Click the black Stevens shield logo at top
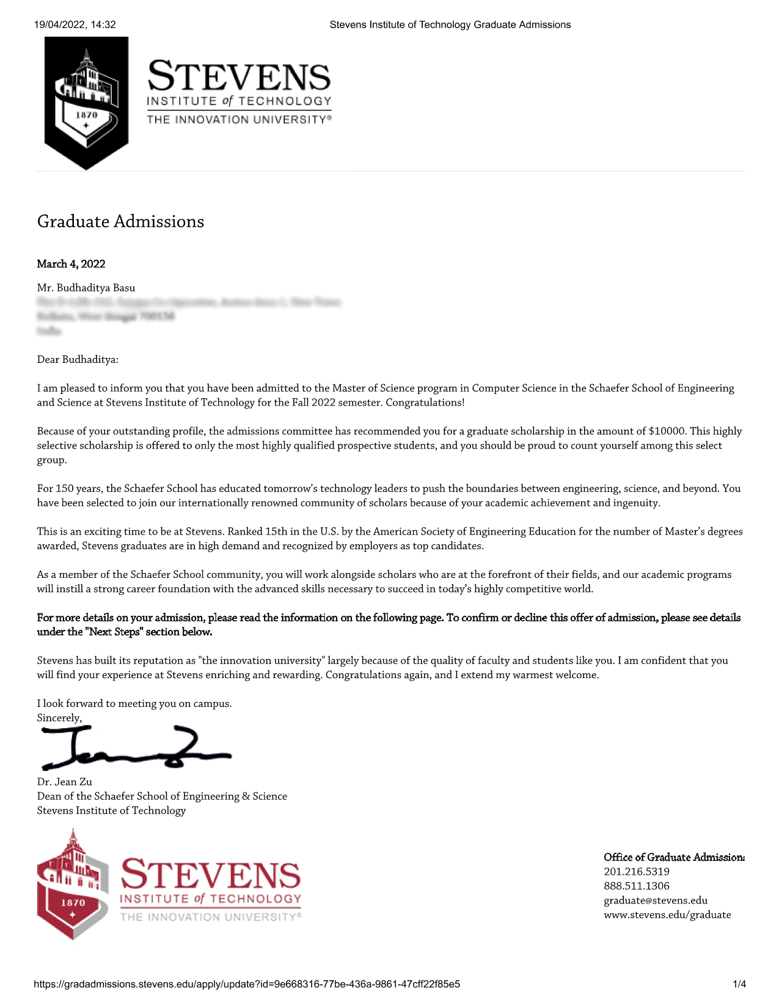pyautogui.click(x=86, y=101)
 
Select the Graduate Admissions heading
pyautogui.click(x=120, y=221)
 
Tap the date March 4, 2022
pyautogui.click(x=71, y=264)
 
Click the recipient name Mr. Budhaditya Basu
pyautogui.click(x=86, y=288)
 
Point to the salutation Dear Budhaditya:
pyautogui.click(x=78, y=359)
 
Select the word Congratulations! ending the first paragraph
pyautogui.click(x=425, y=403)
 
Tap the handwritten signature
pyautogui.click(x=134, y=748)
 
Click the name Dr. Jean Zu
pyautogui.click(x=65, y=781)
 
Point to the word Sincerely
pyautogui.click(x=59, y=718)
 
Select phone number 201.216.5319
pyautogui.click(x=636, y=872)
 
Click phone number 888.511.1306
pyautogui.click(x=636, y=886)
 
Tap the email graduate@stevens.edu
pyautogui.click(x=655, y=900)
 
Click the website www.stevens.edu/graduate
pyautogui.click(x=667, y=915)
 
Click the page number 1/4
pyautogui.click(x=739, y=984)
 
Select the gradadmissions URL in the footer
pyautogui.click(x=247, y=984)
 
